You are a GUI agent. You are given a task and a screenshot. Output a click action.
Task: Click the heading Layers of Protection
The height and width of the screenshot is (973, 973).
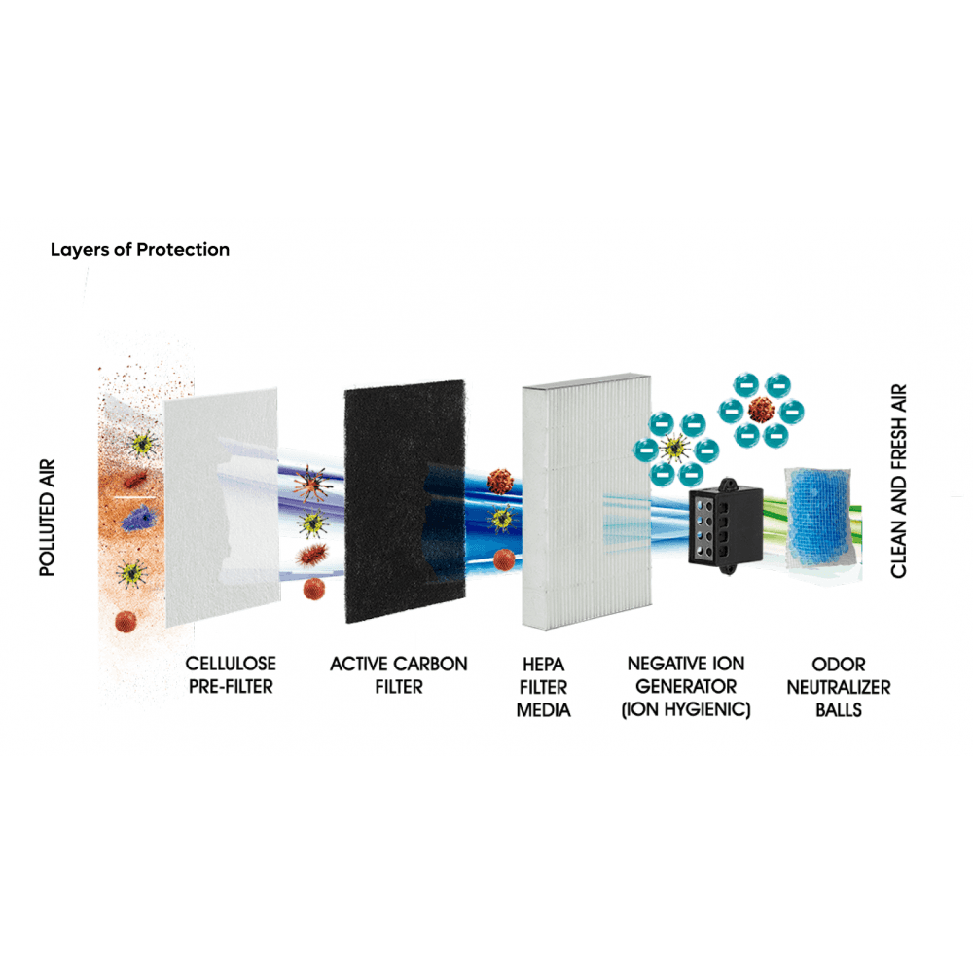139,249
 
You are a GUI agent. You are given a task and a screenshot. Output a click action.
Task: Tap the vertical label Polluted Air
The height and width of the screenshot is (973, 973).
47,519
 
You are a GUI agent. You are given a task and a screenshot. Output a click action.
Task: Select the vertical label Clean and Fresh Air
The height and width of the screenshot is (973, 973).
898,481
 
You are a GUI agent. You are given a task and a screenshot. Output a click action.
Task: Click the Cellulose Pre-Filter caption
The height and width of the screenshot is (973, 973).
231,675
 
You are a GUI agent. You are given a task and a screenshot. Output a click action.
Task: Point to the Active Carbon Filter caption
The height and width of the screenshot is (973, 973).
398,675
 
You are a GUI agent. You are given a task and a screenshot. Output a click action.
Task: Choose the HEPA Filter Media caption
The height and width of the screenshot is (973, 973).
543,687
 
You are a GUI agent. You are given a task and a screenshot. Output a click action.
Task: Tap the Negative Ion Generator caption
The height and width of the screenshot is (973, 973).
686,687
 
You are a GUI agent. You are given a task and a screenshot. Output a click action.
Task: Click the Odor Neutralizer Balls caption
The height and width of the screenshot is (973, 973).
839,687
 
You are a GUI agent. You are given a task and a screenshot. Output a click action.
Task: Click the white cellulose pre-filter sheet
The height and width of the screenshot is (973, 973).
222,506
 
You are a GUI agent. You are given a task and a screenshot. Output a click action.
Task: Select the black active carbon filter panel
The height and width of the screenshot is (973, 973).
405,501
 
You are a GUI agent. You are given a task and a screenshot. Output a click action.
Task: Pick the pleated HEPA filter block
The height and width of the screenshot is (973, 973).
587,501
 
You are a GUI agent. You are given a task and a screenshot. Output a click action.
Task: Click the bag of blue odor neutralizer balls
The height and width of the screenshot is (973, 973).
822,519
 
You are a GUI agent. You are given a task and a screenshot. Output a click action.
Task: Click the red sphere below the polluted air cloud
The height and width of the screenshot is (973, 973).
126,621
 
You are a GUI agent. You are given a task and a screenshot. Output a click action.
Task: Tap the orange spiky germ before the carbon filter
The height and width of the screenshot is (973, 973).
310,484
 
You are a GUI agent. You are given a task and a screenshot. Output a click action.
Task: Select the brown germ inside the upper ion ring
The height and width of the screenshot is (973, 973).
761,410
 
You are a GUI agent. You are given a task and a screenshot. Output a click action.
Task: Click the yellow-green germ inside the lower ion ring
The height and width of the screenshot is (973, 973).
674,449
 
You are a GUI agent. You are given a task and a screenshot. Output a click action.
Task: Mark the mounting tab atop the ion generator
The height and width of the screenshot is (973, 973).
727,484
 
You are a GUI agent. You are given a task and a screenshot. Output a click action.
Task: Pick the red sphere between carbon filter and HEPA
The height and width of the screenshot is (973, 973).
504,559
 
